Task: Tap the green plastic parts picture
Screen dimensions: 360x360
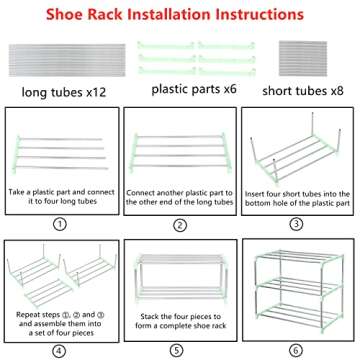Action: [x=196, y=58]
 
